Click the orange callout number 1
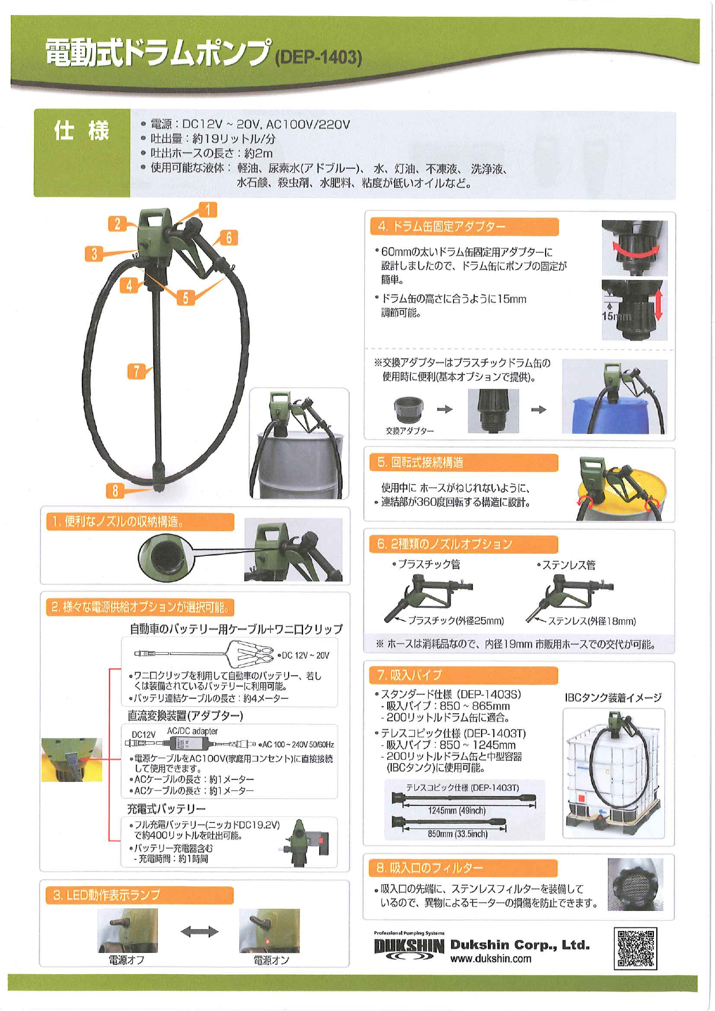(208, 210)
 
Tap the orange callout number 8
(115, 491)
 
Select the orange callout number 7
(136, 372)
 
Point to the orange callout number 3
(94, 253)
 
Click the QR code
(635, 948)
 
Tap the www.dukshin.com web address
(491, 959)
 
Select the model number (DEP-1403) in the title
(319, 58)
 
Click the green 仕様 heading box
(82, 153)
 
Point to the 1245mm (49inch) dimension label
(457, 811)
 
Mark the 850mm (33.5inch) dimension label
(457, 834)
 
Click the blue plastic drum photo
(615, 397)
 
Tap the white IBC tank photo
(614, 773)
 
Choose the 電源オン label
(271, 960)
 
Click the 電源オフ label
(127, 960)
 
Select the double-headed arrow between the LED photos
(199, 932)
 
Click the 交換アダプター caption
(410, 431)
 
